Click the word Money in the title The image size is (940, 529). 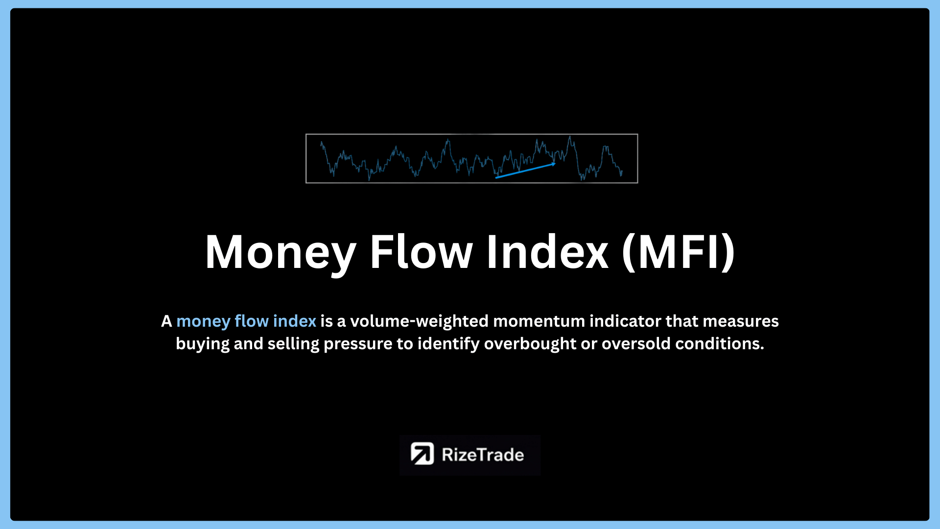pyautogui.click(x=281, y=253)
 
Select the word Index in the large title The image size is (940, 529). pyautogui.click(x=547, y=252)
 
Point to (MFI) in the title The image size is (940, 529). pyautogui.click(x=679, y=252)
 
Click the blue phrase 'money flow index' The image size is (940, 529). pyautogui.click(x=246, y=321)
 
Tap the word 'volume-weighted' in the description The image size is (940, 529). pyautogui.click(x=420, y=321)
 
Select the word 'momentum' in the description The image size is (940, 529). pyautogui.click(x=539, y=322)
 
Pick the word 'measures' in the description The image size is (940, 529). pyautogui.click(x=740, y=322)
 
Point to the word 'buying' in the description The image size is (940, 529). pyautogui.click(x=202, y=344)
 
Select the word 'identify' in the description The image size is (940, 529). pyautogui.click(x=448, y=344)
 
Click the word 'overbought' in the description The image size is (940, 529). pyautogui.click(x=530, y=344)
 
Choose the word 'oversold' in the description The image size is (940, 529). pyautogui.click(x=636, y=344)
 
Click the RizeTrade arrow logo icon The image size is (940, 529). pyautogui.click(x=422, y=454)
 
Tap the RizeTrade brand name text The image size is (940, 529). pyautogui.click(x=483, y=455)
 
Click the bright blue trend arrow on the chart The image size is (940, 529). pyautogui.click(x=525, y=170)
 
